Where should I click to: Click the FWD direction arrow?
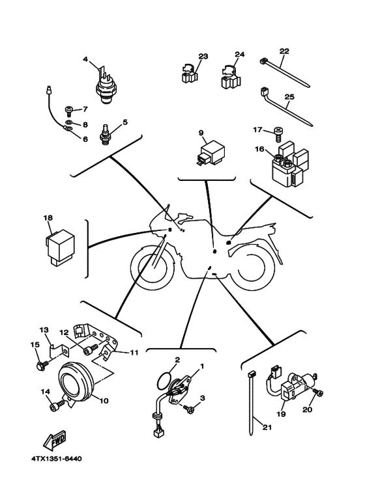[x=55, y=440]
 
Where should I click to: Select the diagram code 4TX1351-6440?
[x=57, y=459]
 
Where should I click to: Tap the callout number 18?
[x=48, y=218]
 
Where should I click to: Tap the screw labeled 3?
[x=188, y=408]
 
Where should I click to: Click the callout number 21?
[x=267, y=428]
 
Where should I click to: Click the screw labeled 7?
[x=69, y=112]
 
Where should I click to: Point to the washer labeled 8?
[x=68, y=122]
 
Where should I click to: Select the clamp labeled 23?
[x=188, y=74]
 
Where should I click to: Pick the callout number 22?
[x=284, y=51]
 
